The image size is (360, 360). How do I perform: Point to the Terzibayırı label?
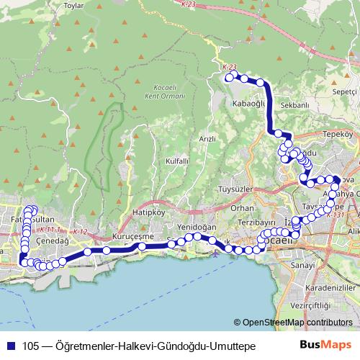click(258, 224)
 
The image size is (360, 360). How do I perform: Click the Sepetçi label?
click(346, 92)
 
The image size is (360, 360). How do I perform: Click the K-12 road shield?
click(79, 231)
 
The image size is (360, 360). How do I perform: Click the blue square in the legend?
click(9, 346)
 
